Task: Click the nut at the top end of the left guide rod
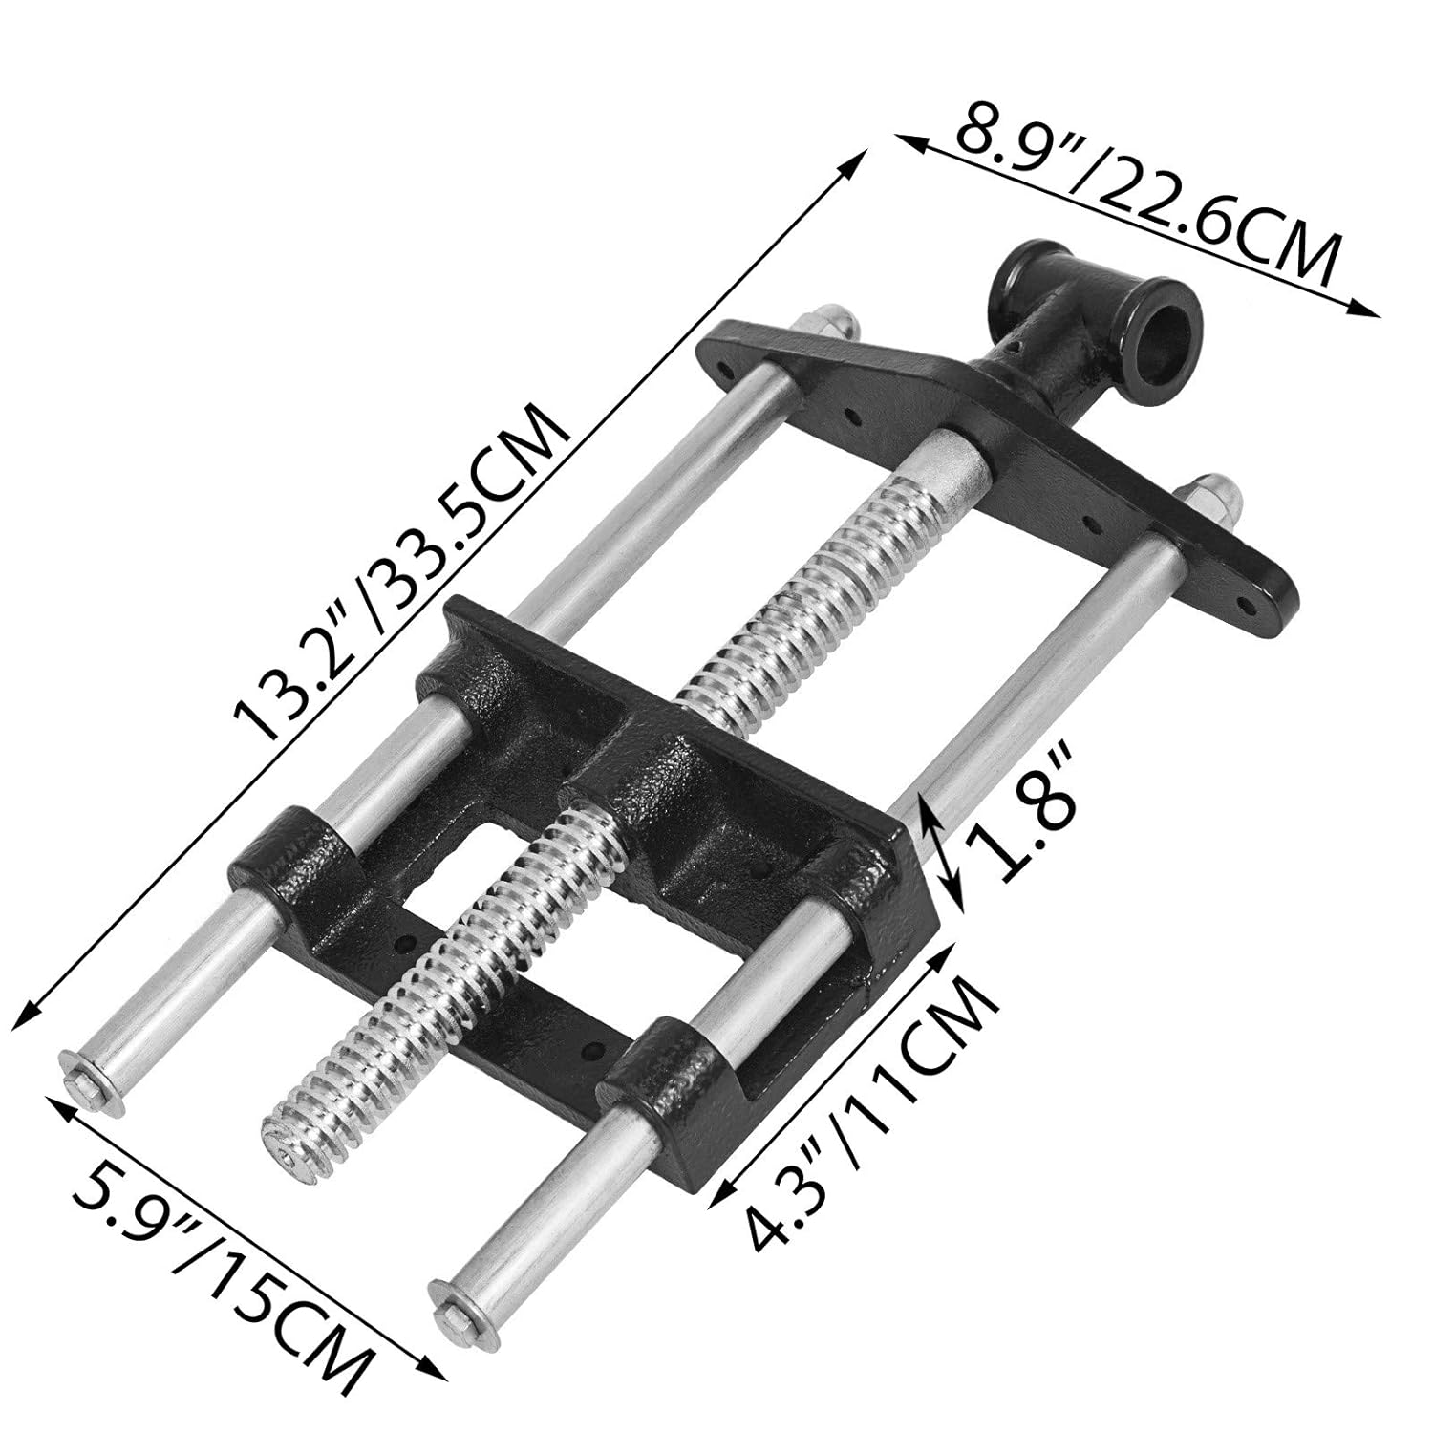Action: click(834, 320)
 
